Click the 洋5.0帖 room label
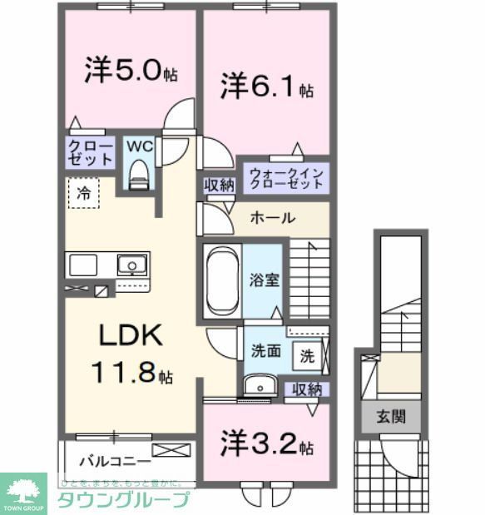tap(130, 72)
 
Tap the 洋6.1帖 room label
tap(266, 87)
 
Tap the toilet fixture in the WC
tap(140, 173)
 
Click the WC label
tap(139, 146)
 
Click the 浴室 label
tap(266, 280)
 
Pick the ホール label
tap(272, 218)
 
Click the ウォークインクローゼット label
tap(285, 178)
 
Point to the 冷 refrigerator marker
tap(83, 193)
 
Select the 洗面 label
tap(266, 351)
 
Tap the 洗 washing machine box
tap(307, 355)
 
